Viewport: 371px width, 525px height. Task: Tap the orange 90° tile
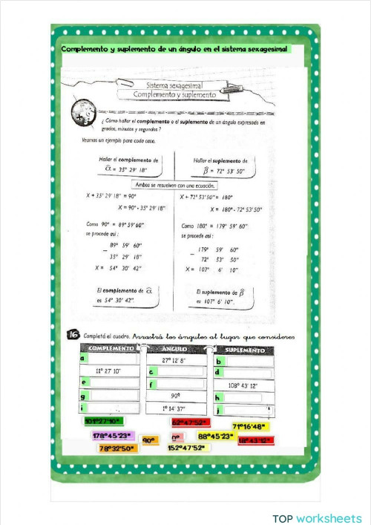pyautogui.click(x=150, y=440)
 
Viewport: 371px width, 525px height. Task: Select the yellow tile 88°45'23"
pyautogui.click(x=215, y=437)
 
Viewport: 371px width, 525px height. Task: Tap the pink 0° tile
pyautogui.click(x=177, y=439)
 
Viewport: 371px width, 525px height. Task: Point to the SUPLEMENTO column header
pyautogui.click(x=244, y=349)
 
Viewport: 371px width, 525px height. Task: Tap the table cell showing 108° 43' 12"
pyautogui.click(x=244, y=385)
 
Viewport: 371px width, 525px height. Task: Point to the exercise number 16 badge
pyautogui.click(x=73, y=336)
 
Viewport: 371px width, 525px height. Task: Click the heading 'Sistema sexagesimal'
pyautogui.click(x=174, y=85)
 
